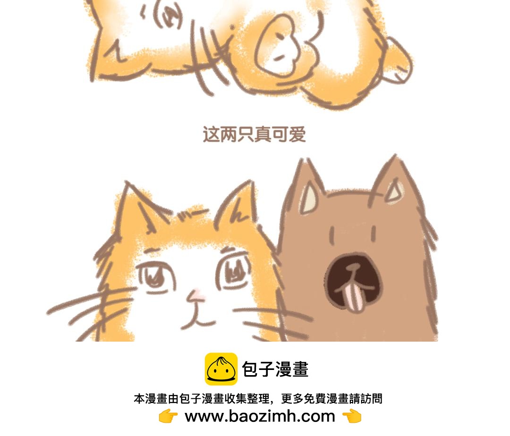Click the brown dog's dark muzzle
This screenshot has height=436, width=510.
353,281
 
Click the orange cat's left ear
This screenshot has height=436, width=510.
136,205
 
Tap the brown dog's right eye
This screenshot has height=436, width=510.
374,234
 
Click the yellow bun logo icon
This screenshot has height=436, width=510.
221,369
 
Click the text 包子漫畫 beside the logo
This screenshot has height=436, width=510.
275,369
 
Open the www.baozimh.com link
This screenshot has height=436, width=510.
260,416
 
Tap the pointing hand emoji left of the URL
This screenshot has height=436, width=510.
168,416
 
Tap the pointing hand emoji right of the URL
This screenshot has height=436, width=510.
352,416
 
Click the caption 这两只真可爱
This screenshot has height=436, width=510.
255,134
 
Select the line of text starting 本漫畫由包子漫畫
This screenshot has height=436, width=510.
258,399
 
